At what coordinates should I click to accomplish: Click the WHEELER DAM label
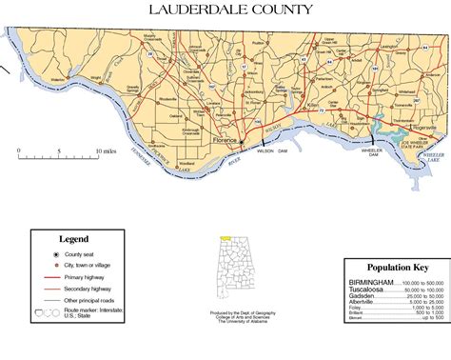click(x=344, y=152)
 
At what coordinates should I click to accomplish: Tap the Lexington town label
click(x=363, y=46)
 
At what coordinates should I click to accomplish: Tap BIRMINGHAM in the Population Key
click(x=370, y=283)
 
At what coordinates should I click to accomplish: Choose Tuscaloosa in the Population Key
click(x=367, y=290)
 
